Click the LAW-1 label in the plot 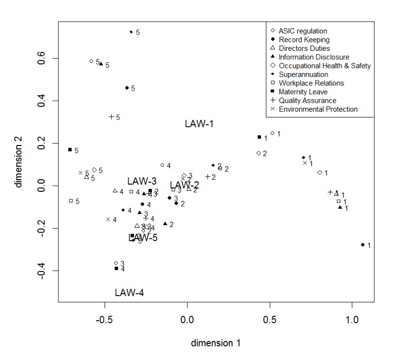199,123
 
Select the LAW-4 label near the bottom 129,292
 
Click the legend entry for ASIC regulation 303,31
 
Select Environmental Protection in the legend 318,109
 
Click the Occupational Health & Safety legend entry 324,65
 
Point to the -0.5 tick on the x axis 105,319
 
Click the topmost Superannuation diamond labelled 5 131,32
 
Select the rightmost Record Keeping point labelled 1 363,245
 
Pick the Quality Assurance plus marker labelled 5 112,117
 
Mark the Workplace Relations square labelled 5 71,201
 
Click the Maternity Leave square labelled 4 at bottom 116,268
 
